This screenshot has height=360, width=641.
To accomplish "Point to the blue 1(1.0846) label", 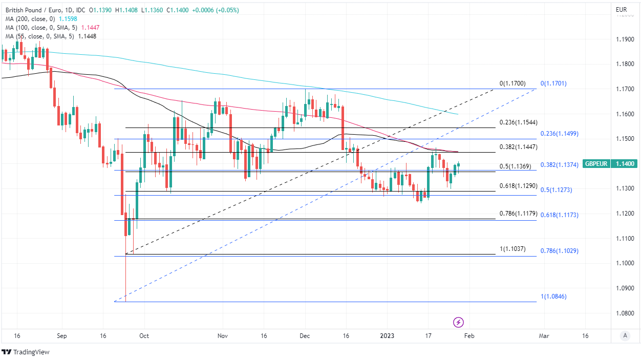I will pos(553,297).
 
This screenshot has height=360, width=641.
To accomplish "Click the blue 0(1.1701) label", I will pos(553,83).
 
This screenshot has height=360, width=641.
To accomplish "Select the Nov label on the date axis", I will pos(222,336).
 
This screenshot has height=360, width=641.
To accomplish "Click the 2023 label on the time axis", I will pos(387,336).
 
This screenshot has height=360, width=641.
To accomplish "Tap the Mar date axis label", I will pos(544,336).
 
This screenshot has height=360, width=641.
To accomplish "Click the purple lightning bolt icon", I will pos(459,322).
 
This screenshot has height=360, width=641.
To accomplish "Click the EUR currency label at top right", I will pos(621,10).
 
